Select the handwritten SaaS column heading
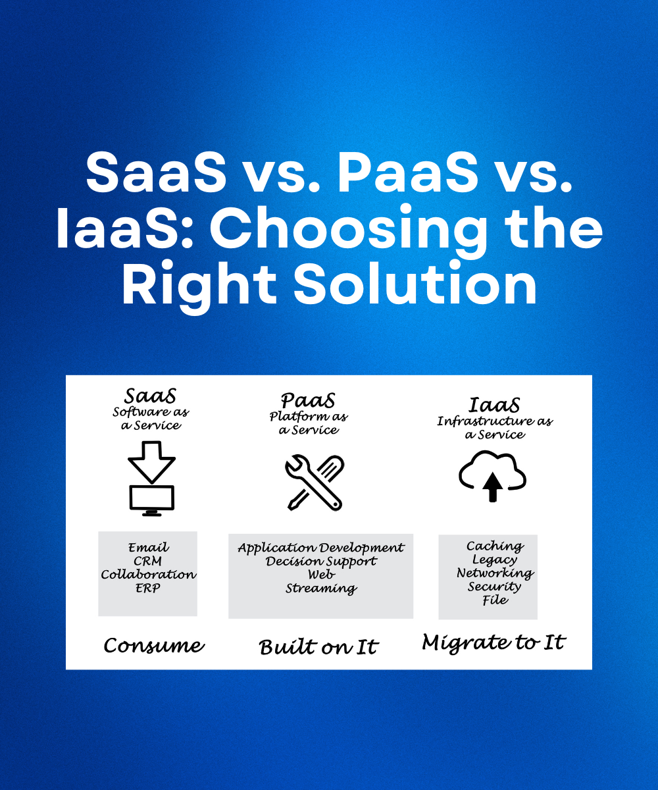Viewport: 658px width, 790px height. pos(150,396)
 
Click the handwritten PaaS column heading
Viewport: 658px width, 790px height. pos(308,400)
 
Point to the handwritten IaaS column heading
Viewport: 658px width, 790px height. pos(494,405)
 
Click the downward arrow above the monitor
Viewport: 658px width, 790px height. pos(151,462)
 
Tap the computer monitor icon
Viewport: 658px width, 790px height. pos(151,500)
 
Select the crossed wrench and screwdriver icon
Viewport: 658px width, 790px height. pos(315,483)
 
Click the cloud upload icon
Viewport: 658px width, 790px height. pos(492,475)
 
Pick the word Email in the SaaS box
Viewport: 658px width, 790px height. pos(148,548)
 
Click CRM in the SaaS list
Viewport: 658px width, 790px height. pos(147,561)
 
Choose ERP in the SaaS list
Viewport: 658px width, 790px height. pos(147,588)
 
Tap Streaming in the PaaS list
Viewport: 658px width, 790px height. pos(321,589)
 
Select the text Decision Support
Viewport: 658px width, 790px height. pos(321,562)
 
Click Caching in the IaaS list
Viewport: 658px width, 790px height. pos(495,546)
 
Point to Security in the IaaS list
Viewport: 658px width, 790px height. pos(494,587)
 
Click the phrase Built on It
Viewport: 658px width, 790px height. pos(318,646)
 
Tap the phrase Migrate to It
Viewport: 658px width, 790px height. pos(493,643)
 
